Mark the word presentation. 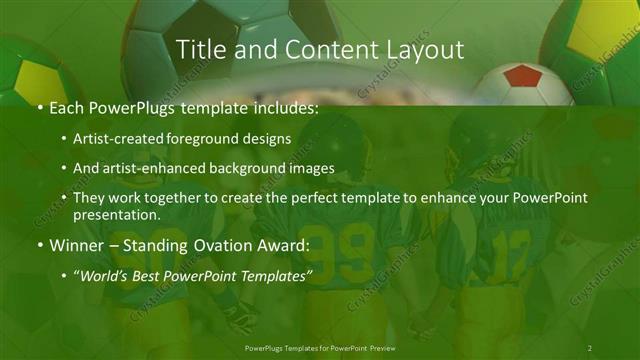(115, 214)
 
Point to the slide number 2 (590, 348)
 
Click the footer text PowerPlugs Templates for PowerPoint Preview (319, 348)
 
